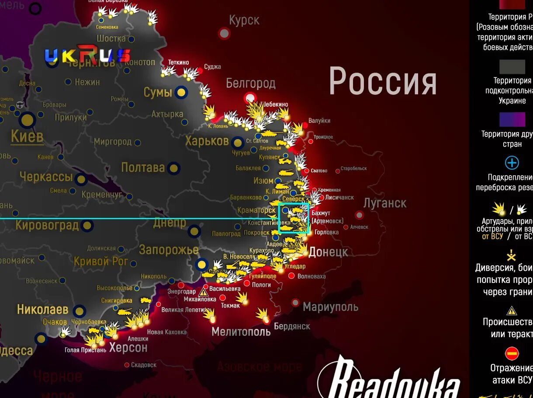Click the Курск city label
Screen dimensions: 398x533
pos(244,20)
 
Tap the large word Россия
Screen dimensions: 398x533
pos(383,81)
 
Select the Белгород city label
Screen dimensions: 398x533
pos(250,83)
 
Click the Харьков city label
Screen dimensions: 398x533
pos(207,141)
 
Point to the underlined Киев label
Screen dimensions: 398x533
pos(27,136)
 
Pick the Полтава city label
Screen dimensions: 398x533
pos(143,168)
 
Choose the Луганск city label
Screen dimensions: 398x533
pos(385,203)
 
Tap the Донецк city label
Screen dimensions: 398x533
pos(328,252)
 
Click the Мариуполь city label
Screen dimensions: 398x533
pos(330,307)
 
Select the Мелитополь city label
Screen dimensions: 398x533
pos(241,332)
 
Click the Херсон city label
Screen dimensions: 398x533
pos(128,348)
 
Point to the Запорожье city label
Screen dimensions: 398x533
pos(169,250)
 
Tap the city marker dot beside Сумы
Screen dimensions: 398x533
pos(181,92)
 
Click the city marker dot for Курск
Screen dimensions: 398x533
pos(224,33)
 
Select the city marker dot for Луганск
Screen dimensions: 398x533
pos(359,215)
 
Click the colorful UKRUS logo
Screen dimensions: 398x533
pos(87,56)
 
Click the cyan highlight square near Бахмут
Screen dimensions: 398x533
pos(294,218)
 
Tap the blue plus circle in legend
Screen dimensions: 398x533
pos(512,163)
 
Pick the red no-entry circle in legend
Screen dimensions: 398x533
pos(512,353)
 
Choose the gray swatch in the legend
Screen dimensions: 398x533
pos(512,67)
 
